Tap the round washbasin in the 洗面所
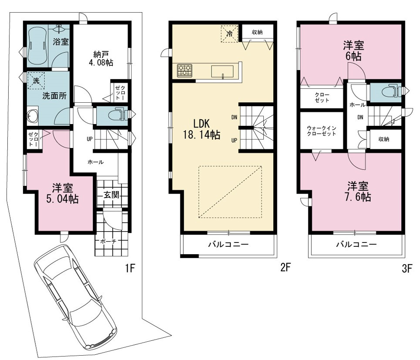point(32,115)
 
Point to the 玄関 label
point(111,195)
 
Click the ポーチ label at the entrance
point(108,241)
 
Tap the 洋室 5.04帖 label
point(62,193)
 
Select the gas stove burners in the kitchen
point(185,71)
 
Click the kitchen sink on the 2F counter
point(222,72)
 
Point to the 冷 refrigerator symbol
point(229,34)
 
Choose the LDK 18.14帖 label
point(202,129)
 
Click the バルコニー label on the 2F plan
point(228,244)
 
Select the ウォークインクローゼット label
point(322,131)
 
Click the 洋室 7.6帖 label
point(358,192)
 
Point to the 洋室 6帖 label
point(353,51)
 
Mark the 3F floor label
point(407,269)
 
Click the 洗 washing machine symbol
point(36,81)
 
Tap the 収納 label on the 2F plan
point(257,32)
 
